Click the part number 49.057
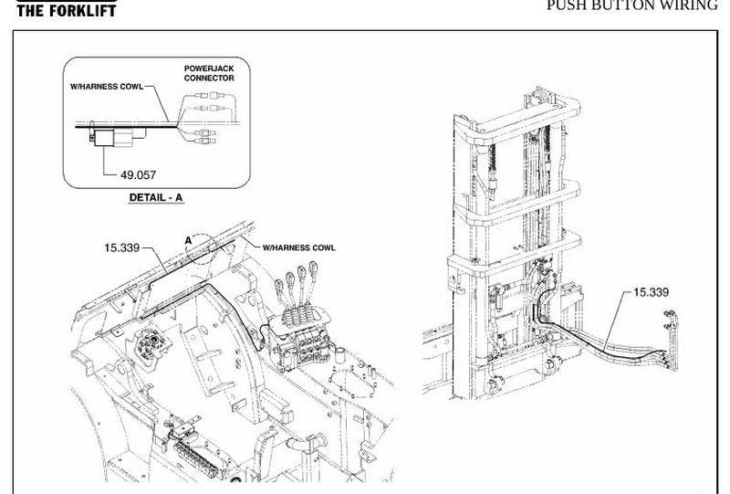coord(139,175)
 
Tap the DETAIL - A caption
coord(156,197)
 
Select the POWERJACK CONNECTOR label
coord(209,73)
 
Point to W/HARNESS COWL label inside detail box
coord(107,87)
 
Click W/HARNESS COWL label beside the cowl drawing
coord(299,248)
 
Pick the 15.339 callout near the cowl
coord(122,248)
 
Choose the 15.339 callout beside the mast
coord(652,292)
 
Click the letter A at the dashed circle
coord(188,240)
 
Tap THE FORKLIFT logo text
coord(66,10)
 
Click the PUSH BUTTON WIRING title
coord(632,5)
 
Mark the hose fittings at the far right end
coord(670,341)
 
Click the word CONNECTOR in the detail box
coord(209,78)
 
